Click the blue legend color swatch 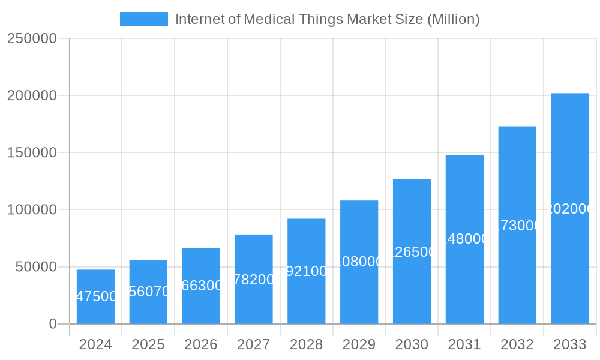click(x=144, y=19)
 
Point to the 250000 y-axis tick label click(x=32, y=38)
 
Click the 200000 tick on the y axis click(x=32, y=95)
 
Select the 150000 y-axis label click(x=32, y=152)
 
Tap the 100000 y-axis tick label click(x=32, y=210)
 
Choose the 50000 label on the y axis click(x=35, y=267)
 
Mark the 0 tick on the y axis click(x=52, y=324)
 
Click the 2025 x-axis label click(x=148, y=344)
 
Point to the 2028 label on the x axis click(x=306, y=344)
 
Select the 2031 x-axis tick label click(x=464, y=344)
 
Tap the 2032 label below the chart click(x=517, y=344)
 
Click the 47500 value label click(x=96, y=296)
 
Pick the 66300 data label click(x=202, y=286)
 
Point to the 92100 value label click(x=307, y=271)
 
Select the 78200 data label click(x=254, y=279)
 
